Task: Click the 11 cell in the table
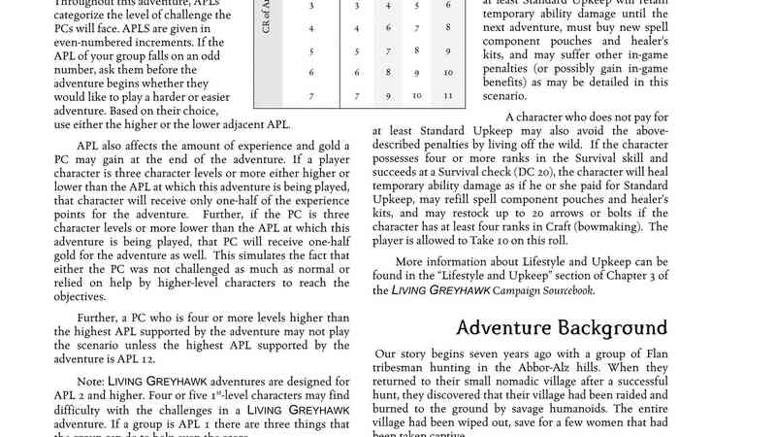pyautogui.click(x=448, y=96)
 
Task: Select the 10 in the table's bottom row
pyautogui.click(x=416, y=96)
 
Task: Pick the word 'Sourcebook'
pyautogui.click(x=559, y=290)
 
